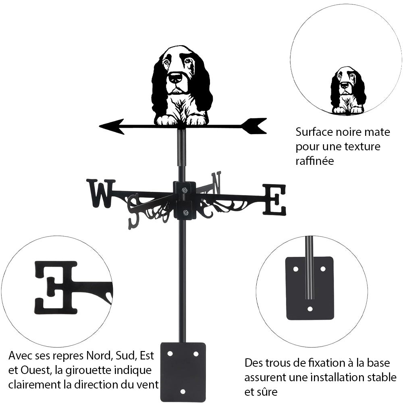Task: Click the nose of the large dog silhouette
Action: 175,77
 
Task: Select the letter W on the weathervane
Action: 101,193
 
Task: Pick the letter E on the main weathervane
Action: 274,199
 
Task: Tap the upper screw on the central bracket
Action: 185,190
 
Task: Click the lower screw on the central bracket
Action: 185,213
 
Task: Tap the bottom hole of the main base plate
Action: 183,391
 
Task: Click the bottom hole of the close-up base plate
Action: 310,309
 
